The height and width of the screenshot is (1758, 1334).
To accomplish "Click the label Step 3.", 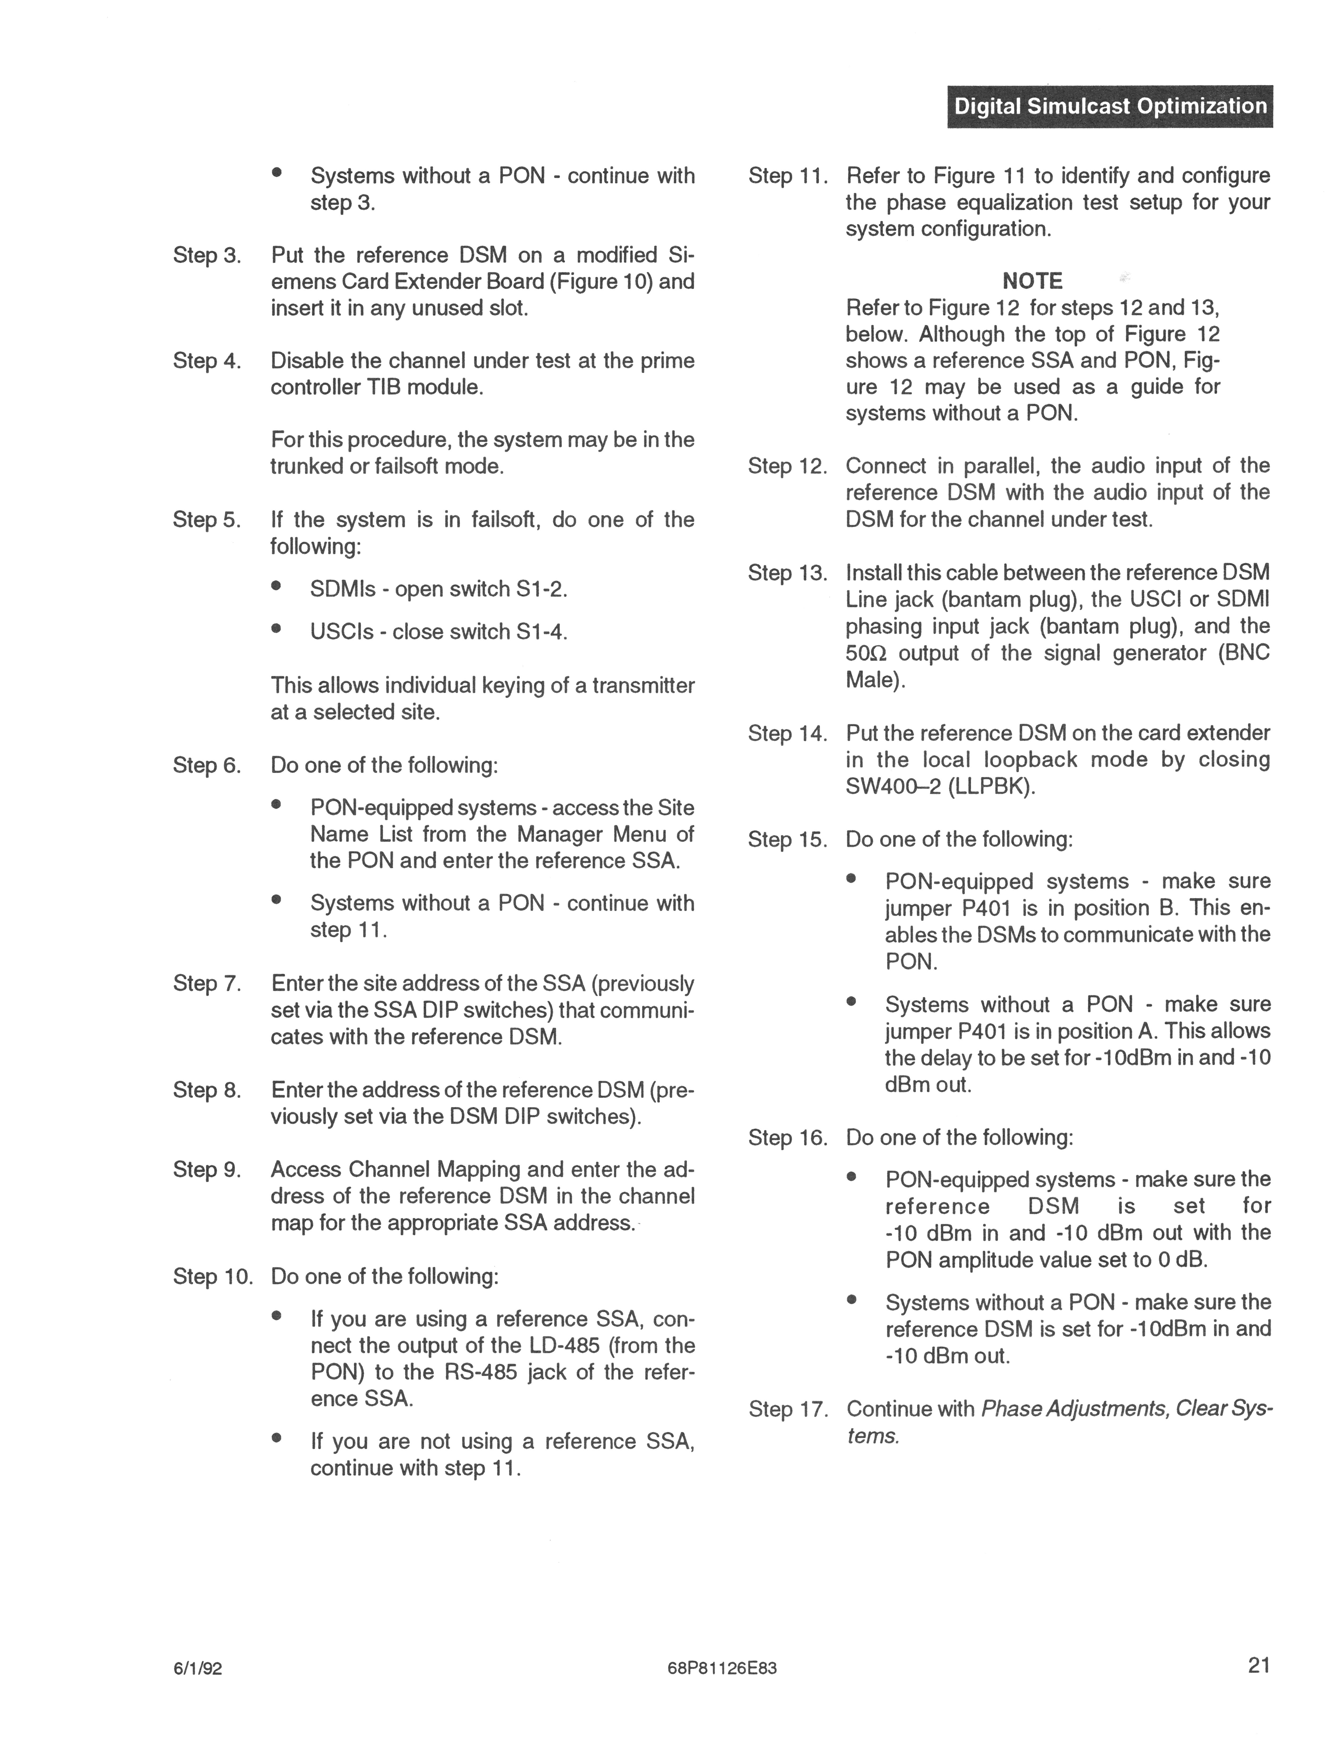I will click(207, 255).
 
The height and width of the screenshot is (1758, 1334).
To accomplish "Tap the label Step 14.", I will click(787, 733).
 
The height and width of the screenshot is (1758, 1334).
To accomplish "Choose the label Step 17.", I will click(787, 1409).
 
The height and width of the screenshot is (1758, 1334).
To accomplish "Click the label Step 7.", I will click(207, 984).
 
